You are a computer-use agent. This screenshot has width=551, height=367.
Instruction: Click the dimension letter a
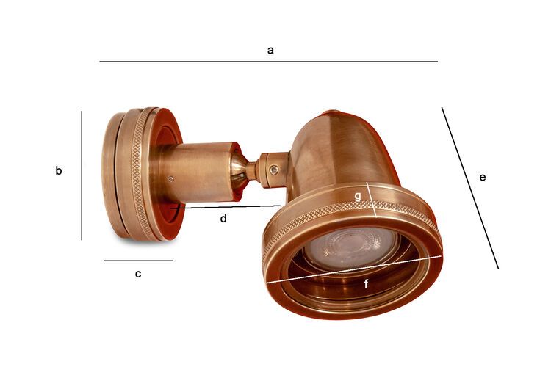[x=270, y=50]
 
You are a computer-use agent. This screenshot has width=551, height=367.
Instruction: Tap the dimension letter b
[x=59, y=171]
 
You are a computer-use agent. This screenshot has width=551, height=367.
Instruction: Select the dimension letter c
[x=137, y=274]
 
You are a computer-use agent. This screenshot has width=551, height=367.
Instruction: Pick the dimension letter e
[x=482, y=177]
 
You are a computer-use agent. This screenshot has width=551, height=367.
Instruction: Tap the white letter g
[x=357, y=196]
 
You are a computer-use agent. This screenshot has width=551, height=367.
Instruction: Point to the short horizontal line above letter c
[x=138, y=261]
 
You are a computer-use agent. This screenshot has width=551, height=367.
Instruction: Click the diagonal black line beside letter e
[x=469, y=187]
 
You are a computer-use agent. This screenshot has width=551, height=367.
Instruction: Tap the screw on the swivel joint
[x=273, y=170]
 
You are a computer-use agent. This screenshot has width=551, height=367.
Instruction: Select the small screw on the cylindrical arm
[x=170, y=178]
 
